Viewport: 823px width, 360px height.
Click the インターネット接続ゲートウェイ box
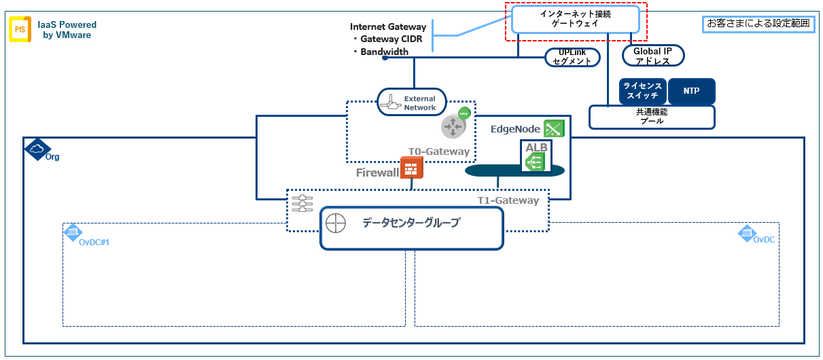click(576, 18)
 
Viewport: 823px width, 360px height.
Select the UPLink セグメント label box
click(574, 58)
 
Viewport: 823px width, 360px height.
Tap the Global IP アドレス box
click(653, 56)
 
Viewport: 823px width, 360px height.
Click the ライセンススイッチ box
click(642, 91)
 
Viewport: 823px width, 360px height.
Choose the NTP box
click(692, 91)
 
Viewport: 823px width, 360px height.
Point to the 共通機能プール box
click(652, 117)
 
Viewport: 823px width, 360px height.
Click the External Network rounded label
click(412, 103)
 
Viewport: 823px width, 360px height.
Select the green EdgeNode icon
click(554, 128)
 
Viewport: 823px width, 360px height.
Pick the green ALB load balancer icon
click(534, 160)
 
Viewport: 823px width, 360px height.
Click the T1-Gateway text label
click(507, 200)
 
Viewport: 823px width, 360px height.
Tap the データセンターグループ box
click(412, 228)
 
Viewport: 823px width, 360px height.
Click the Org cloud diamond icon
click(37, 149)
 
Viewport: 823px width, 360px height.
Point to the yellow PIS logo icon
click(20, 30)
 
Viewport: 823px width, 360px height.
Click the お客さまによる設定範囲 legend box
click(758, 23)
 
